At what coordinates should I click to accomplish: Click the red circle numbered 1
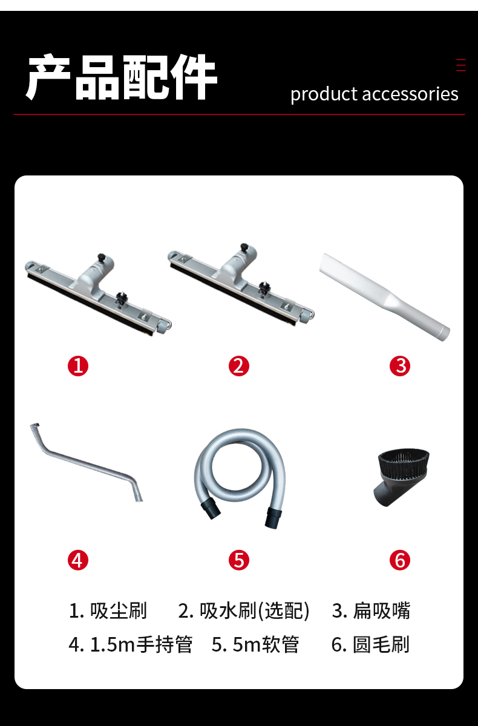(78, 366)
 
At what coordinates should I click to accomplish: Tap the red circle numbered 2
(239, 366)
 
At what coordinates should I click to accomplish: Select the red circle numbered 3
(399, 366)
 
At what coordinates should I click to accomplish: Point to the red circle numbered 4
(78, 560)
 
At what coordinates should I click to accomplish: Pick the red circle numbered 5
(239, 560)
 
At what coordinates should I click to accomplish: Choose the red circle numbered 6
(399, 560)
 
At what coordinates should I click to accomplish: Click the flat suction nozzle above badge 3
(385, 297)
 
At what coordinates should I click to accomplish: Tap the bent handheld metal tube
(88, 463)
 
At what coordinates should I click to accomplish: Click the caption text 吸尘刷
(118, 610)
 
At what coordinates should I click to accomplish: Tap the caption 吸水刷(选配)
(254, 611)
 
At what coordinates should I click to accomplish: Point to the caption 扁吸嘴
(381, 610)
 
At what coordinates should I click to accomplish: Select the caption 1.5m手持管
(142, 644)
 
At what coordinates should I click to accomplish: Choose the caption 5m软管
(266, 644)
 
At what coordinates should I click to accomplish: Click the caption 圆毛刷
(381, 644)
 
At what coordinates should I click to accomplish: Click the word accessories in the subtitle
(410, 94)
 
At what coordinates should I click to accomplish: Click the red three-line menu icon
(461, 65)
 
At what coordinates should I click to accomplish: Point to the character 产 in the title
(48, 77)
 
